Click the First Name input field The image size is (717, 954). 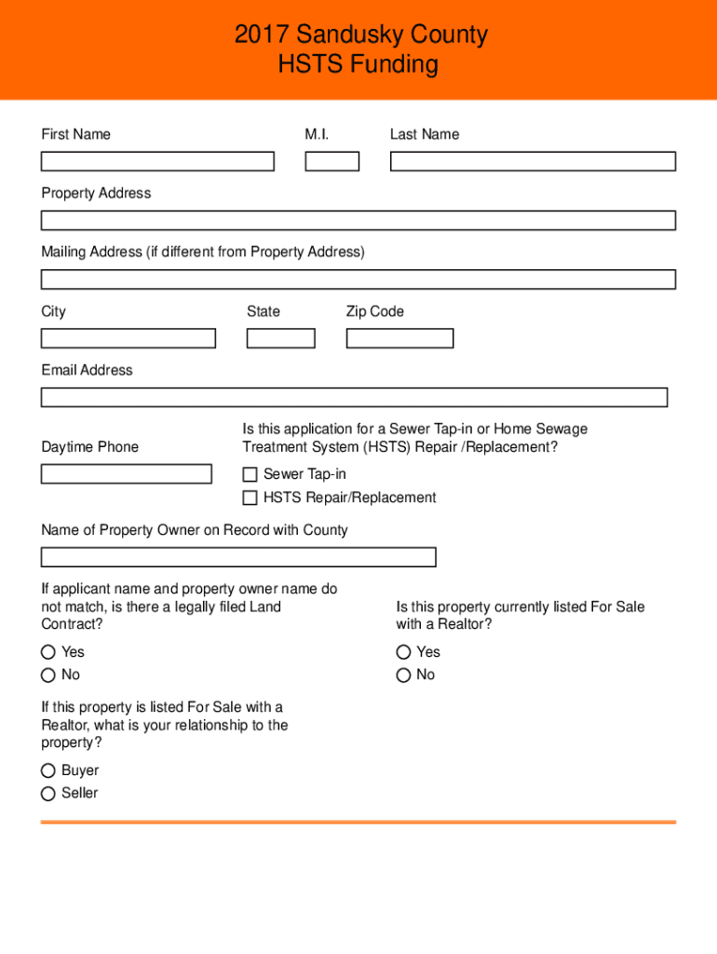click(x=157, y=161)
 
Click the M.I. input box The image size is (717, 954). click(x=332, y=161)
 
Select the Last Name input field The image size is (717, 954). click(x=533, y=161)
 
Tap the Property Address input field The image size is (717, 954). click(x=358, y=221)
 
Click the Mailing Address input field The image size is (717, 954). click(x=358, y=279)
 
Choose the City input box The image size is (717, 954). click(x=129, y=338)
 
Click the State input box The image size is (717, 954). click(x=280, y=338)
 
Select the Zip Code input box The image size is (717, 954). click(x=399, y=338)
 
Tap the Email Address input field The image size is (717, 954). click(x=354, y=398)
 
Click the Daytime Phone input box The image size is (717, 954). click(x=127, y=473)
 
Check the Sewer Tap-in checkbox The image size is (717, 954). click(x=250, y=474)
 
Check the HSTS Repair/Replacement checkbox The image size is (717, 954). click(x=250, y=497)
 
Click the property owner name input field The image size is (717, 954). click(x=238, y=557)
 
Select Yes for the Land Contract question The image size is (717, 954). click(x=47, y=652)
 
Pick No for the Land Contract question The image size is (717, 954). click(x=47, y=675)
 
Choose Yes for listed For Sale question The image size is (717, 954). click(x=403, y=652)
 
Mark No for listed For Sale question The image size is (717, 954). click(x=403, y=675)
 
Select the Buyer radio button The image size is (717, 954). click(x=47, y=770)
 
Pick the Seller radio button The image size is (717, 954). click(x=47, y=794)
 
